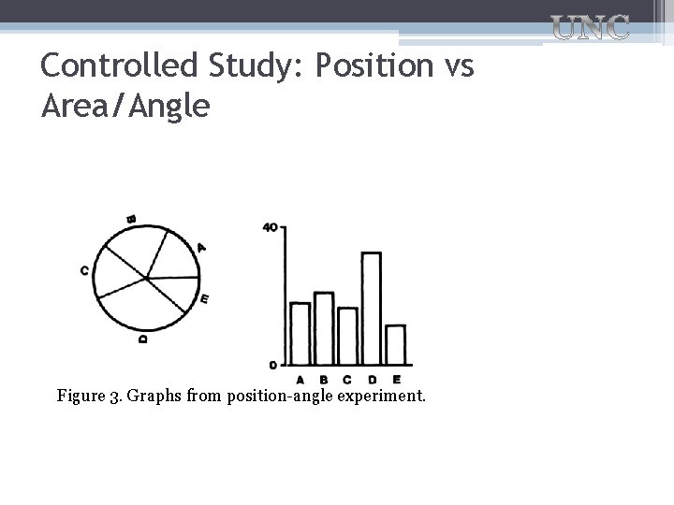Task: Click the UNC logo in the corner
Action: pyautogui.click(x=589, y=28)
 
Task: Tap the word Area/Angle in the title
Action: pyautogui.click(x=125, y=106)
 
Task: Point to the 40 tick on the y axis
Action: pyautogui.click(x=271, y=227)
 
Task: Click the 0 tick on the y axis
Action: pyautogui.click(x=272, y=364)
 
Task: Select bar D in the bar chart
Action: pyautogui.click(x=371, y=308)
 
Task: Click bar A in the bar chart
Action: pyautogui.click(x=300, y=333)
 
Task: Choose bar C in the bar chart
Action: pyautogui.click(x=347, y=336)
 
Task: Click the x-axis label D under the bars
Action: pyautogui.click(x=372, y=379)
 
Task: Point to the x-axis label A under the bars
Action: pyautogui.click(x=300, y=379)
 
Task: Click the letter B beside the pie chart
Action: pyautogui.click(x=131, y=220)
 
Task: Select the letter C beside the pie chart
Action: pyautogui.click(x=84, y=271)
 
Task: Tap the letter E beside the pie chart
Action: pyautogui.click(x=204, y=299)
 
